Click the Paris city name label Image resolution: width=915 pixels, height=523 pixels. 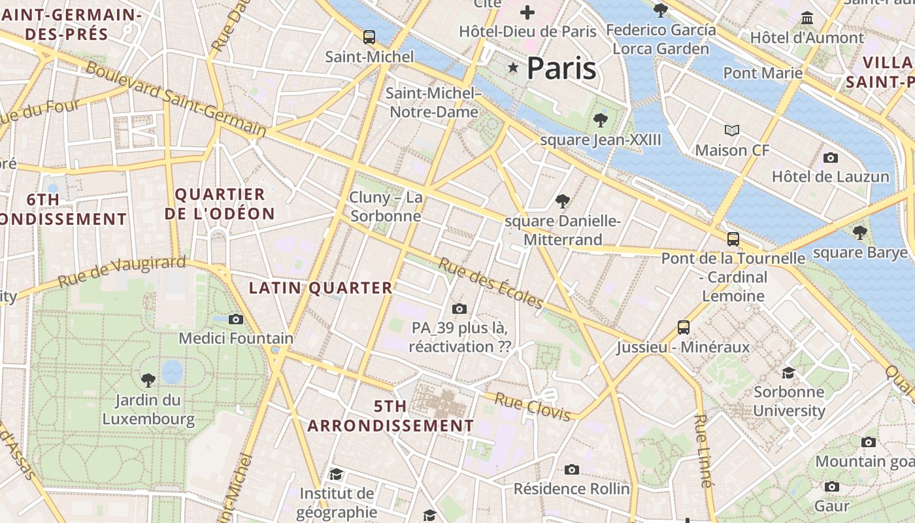[561, 68]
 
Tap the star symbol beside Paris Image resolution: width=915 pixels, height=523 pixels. [513, 67]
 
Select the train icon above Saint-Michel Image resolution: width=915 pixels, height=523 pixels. [369, 37]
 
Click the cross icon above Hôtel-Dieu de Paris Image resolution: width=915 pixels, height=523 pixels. [527, 12]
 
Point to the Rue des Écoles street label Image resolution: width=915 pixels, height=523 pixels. [491, 282]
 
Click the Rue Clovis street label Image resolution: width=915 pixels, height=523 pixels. [533, 406]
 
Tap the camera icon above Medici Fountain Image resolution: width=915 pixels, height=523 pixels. [236, 319]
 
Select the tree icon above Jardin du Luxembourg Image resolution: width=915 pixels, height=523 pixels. [148, 379]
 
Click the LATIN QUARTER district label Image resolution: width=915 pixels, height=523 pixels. [321, 288]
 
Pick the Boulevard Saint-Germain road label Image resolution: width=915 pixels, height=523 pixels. [176, 99]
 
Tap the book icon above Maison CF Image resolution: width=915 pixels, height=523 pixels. [732, 131]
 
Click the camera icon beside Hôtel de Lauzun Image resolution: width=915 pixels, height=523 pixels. [831, 158]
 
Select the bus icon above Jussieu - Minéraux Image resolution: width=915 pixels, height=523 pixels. [684, 327]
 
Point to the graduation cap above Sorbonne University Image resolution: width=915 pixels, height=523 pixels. [789, 373]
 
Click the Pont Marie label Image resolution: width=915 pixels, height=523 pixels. [763, 73]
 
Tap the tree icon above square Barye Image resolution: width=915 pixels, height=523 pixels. [860, 232]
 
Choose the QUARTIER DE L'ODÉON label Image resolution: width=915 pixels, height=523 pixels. [220, 204]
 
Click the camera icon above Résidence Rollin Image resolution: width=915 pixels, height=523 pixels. [572, 469]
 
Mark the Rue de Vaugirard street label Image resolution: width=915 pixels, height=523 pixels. [122, 272]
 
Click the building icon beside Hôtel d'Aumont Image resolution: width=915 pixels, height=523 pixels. [807, 18]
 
